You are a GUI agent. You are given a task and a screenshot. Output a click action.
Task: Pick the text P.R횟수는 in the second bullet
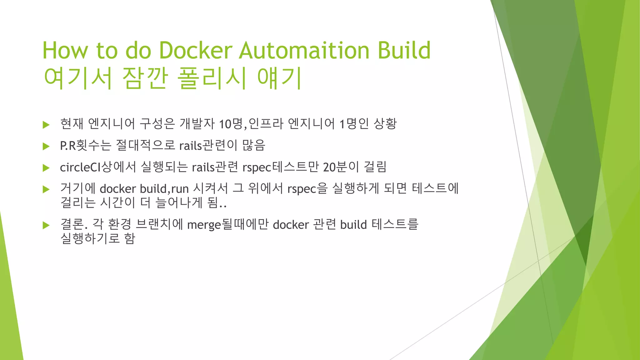pos(85,145)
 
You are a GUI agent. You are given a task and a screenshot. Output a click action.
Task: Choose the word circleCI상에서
pos(98,167)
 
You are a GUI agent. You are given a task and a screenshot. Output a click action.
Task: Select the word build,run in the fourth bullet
pos(164,189)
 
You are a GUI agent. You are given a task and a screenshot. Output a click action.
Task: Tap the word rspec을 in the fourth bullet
pos(307,189)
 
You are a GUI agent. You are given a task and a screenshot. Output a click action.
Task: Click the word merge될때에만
pos(228,224)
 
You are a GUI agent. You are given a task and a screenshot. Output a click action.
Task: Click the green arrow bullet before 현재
pos(46,125)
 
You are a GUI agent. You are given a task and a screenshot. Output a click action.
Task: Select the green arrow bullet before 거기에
pos(46,189)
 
